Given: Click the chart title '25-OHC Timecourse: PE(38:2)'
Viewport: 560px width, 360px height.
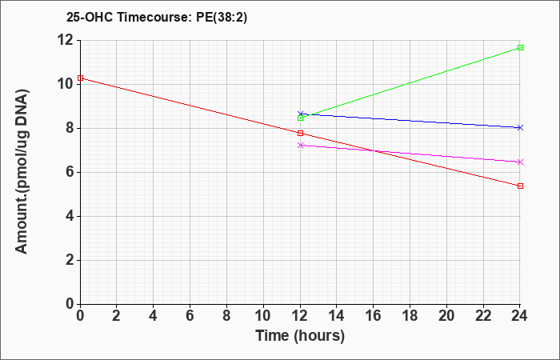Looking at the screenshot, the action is [157, 18].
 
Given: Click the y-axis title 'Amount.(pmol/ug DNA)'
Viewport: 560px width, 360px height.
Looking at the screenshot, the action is [22, 171].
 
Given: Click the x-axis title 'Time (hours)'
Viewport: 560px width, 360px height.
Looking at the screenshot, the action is [300, 336].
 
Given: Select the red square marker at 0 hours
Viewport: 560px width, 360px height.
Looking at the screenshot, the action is [80, 78].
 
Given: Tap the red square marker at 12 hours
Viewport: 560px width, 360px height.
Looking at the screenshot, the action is [300, 134].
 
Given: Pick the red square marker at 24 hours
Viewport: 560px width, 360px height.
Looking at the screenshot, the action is [520, 186].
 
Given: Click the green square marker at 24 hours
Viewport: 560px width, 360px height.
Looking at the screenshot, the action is [520, 47].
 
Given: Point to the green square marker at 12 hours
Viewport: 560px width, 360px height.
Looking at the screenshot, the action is [300, 118].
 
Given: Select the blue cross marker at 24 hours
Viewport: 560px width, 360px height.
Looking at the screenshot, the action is [520, 127].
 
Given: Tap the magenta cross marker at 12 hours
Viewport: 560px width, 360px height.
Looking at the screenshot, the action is [300, 145].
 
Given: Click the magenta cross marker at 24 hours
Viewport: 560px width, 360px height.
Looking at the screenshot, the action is [520, 162].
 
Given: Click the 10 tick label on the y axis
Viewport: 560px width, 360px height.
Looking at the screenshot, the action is [66, 84].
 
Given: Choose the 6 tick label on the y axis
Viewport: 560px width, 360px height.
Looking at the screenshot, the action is [70, 172].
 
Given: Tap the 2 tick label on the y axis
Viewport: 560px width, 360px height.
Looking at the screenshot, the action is [70, 260].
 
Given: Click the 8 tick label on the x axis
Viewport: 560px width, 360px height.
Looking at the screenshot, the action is [226, 316].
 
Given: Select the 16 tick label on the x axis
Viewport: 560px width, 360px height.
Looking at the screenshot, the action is [374, 316].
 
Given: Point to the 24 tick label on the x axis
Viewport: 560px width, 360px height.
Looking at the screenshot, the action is [520, 316].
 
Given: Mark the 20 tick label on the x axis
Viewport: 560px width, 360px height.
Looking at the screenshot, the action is [446, 316].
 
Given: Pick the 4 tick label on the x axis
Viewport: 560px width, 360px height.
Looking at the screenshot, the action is [154, 316].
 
